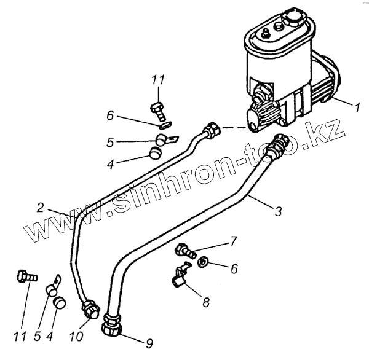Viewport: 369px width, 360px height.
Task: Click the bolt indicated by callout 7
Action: tap(184, 250)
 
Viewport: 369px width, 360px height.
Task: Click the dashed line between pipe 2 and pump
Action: tap(234, 129)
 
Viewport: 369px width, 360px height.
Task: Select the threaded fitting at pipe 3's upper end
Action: tap(279, 143)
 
